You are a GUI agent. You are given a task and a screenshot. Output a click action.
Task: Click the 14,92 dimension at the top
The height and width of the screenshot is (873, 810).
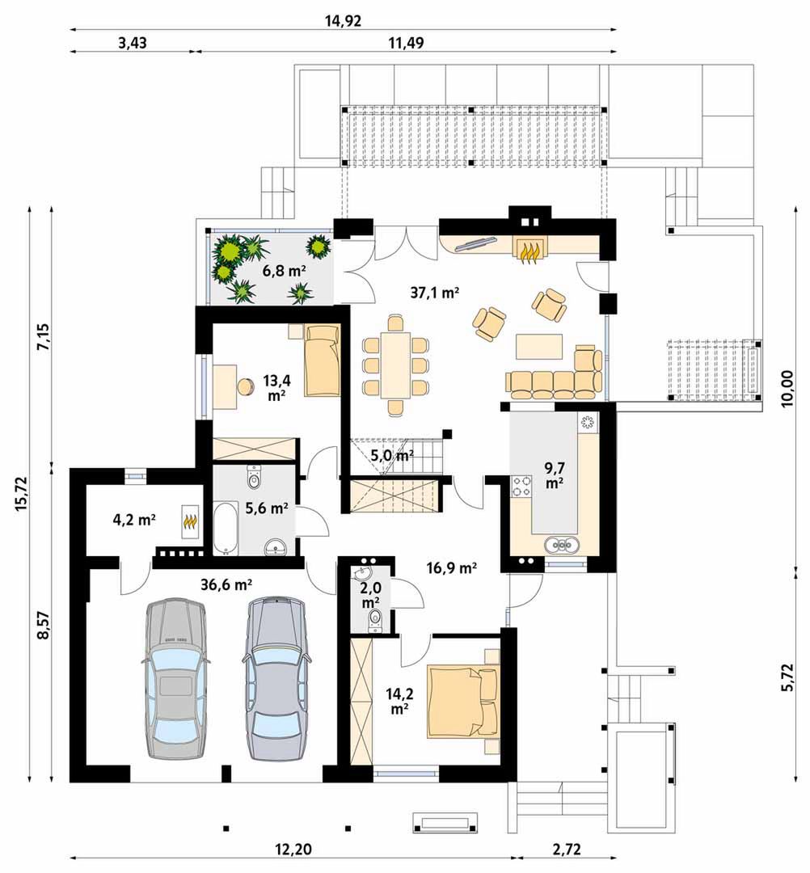pyautogui.click(x=343, y=21)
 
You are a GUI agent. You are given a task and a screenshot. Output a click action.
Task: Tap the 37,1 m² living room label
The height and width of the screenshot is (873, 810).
pyautogui.click(x=434, y=293)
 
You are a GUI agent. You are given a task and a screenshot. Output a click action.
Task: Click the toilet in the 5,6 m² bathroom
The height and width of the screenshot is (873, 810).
pyautogui.click(x=254, y=477)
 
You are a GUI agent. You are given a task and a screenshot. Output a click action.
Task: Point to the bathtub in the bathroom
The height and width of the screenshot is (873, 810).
pyautogui.click(x=226, y=529)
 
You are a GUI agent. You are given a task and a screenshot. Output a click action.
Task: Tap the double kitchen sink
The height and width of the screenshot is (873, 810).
pyautogui.click(x=562, y=545)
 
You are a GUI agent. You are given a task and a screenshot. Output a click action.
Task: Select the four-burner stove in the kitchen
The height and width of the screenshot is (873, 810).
pyautogui.click(x=521, y=486)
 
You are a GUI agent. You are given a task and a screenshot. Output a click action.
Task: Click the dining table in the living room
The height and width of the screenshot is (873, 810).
pyautogui.click(x=395, y=365)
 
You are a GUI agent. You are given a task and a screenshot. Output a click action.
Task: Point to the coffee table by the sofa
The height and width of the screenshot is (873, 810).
pyautogui.click(x=538, y=346)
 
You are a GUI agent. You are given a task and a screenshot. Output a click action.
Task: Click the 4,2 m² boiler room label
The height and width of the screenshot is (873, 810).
pyautogui.click(x=133, y=520)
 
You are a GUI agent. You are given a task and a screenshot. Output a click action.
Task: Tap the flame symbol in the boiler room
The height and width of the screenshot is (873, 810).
pyautogui.click(x=191, y=521)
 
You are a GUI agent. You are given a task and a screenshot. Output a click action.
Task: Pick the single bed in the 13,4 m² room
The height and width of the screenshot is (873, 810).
pyautogui.click(x=321, y=361)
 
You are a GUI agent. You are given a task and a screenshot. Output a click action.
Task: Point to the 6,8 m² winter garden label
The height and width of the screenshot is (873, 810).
pyautogui.click(x=285, y=272)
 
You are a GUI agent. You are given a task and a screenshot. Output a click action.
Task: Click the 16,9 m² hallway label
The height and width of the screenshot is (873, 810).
pyautogui.click(x=452, y=568)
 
